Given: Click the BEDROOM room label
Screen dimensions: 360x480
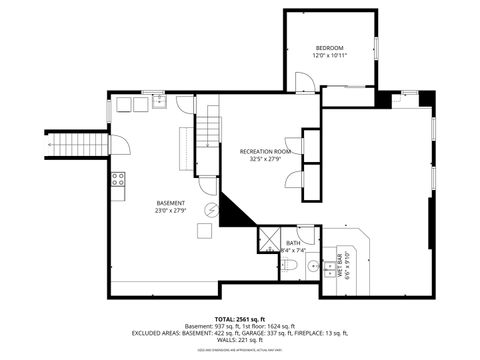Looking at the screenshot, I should click(330, 49).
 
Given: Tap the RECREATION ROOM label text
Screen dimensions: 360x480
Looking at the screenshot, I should click(264, 152).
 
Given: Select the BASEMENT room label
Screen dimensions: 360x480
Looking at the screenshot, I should click(169, 203).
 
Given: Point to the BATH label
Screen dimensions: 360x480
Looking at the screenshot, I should click(293, 242).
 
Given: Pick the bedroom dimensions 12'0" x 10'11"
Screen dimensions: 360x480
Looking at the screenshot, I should click(330, 57).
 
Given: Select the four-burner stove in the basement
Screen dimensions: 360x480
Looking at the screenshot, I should click(117, 180).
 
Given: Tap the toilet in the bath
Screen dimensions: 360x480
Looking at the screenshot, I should click(286, 265).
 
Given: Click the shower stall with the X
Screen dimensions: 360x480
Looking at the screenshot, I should click(269, 239).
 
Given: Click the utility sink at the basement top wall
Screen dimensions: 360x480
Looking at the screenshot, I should click(158, 100).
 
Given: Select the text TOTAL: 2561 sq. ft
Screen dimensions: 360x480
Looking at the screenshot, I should click(239, 318).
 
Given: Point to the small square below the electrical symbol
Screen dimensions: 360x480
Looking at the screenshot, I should click(204, 230).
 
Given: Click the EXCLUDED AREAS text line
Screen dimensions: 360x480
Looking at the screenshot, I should click(239, 332).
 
